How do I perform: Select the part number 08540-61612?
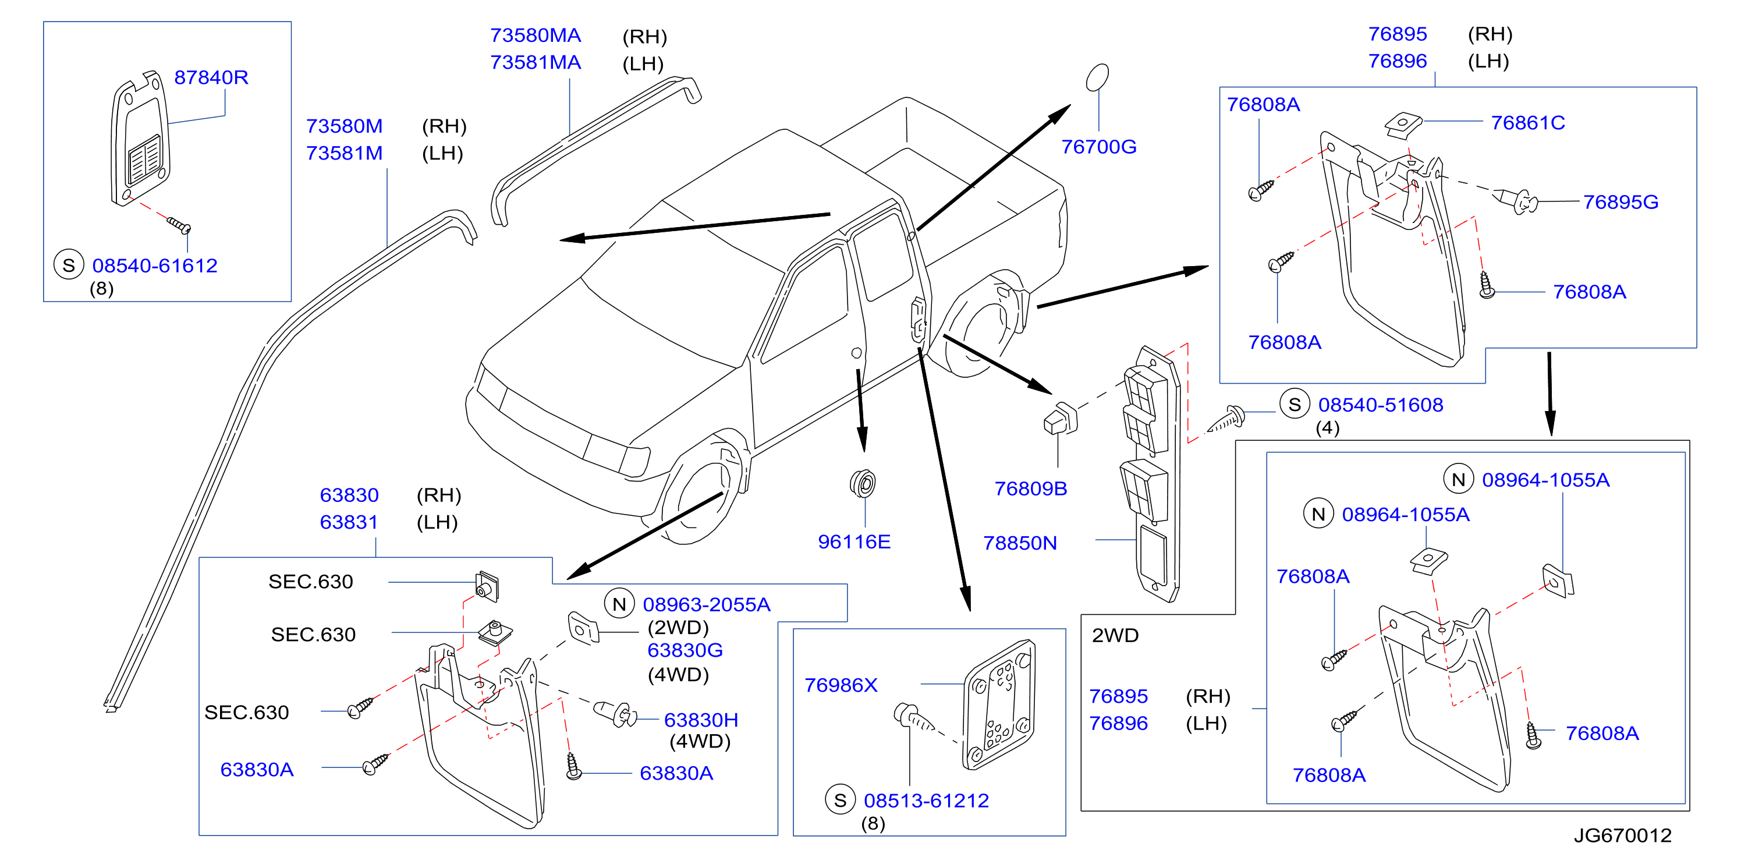155,265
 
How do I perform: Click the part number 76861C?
1527,122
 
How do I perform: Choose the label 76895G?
1621,201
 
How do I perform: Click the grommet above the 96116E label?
863,483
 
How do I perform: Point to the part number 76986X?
841,685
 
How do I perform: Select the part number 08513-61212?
927,801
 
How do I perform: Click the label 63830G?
685,650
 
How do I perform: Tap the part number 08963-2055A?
706,604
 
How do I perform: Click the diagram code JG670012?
1623,835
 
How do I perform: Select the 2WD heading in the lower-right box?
1115,636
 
